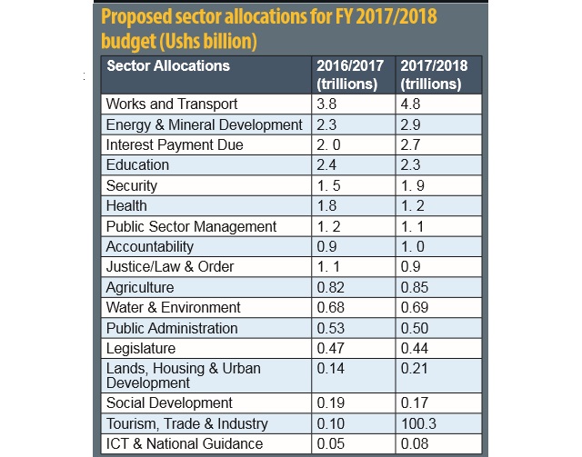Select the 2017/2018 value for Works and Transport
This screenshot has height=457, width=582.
pos(411,104)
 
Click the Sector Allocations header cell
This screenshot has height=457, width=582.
pos(168,66)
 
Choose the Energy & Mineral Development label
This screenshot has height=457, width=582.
pos(204,124)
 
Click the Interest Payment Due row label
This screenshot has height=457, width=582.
pos(175,144)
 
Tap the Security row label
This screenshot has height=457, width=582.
pos(132,185)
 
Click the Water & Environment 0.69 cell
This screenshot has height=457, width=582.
pos(415,308)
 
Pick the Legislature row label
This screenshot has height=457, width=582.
pos(141,349)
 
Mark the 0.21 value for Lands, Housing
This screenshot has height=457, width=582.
pos(415,369)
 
